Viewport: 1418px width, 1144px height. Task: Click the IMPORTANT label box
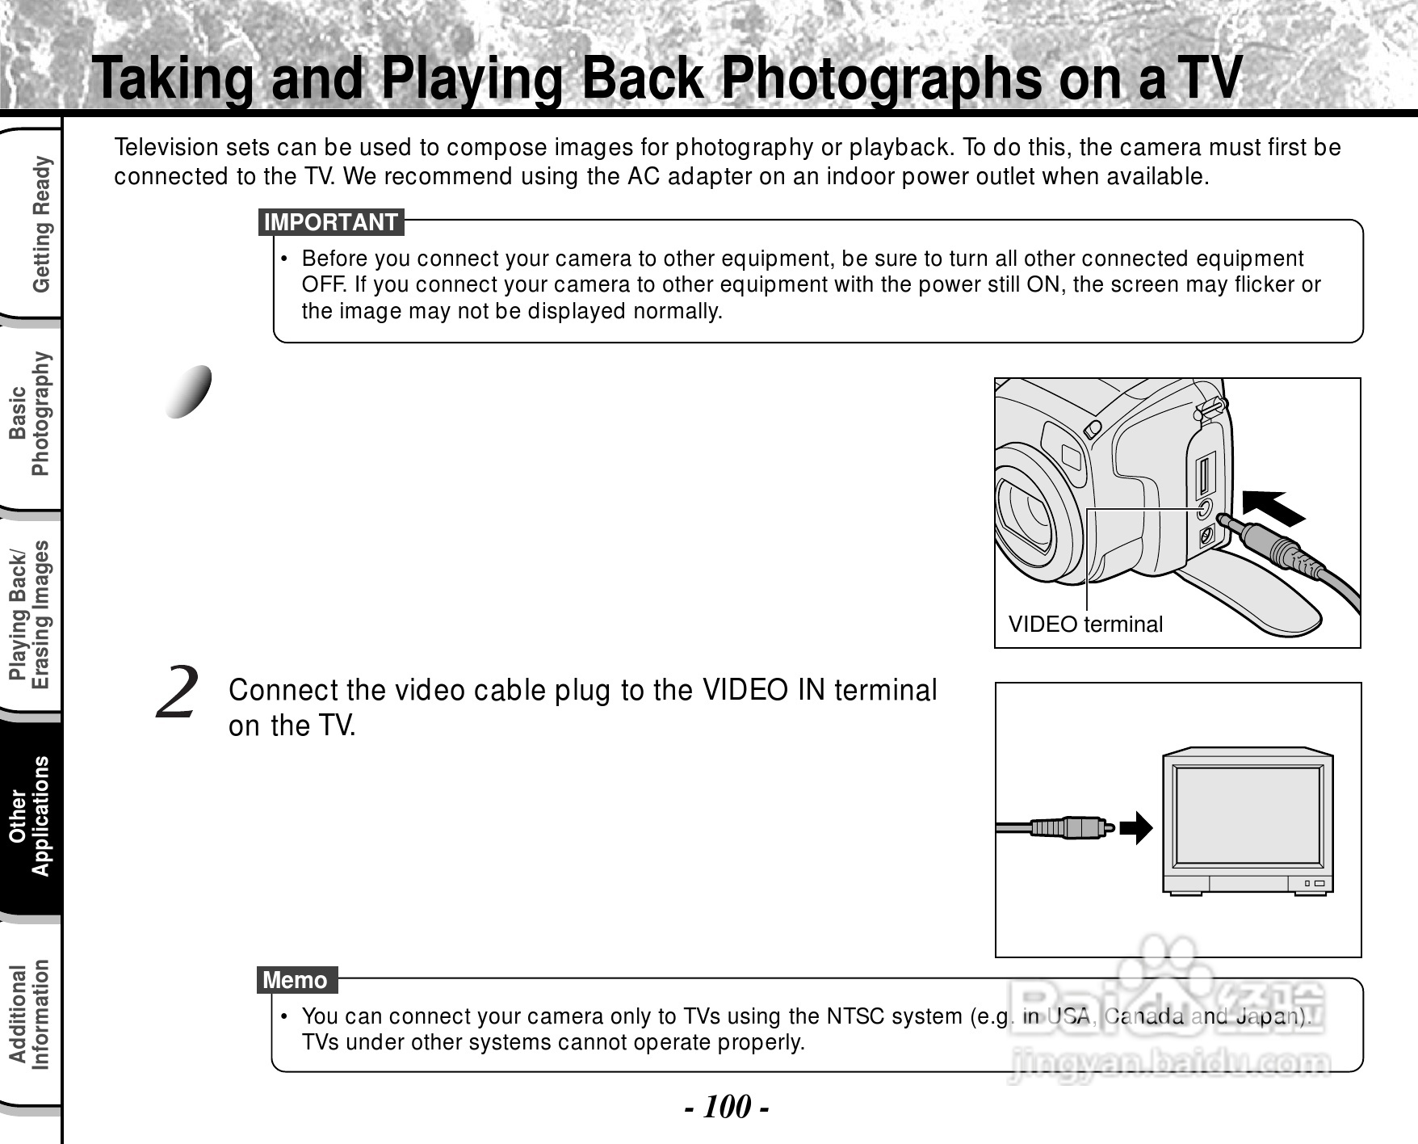pyautogui.click(x=331, y=222)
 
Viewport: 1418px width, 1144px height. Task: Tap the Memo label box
pyautogui.click(x=296, y=980)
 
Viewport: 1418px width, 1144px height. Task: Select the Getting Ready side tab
pyautogui.click(x=40, y=224)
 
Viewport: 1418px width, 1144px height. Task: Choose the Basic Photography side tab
pyautogui.click(x=29, y=414)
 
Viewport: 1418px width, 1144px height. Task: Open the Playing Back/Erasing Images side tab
pyautogui.click(x=29, y=614)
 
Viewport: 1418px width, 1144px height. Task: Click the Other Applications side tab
pyautogui.click(x=29, y=816)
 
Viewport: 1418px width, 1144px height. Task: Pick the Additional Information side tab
pyautogui.click(x=29, y=1015)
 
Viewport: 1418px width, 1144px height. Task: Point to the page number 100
pyautogui.click(x=727, y=1106)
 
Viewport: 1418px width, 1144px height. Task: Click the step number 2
pyautogui.click(x=177, y=692)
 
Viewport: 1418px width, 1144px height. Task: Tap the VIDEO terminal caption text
pyautogui.click(x=1085, y=624)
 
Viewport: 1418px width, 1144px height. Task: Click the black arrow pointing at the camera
pyautogui.click(x=1273, y=507)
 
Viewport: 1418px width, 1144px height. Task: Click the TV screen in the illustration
pyautogui.click(x=1248, y=814)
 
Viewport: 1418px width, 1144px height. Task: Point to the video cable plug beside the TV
pyautogui.click(x=1070, y=827)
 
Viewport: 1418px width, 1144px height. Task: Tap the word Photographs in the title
pyautogui.click(x=881, y=78)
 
